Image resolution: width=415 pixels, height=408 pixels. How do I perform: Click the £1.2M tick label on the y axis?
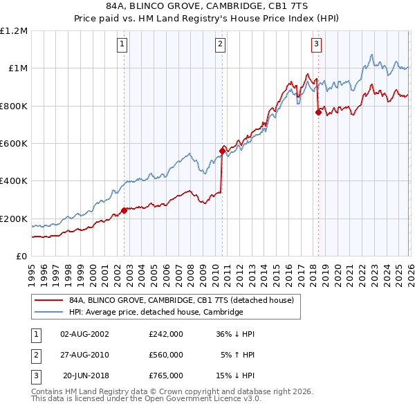click(x=14, y=31)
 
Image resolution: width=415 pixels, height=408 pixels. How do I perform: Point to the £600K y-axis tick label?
click(x=14, y=144)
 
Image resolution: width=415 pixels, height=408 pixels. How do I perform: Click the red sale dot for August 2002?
click(x=124, y=210)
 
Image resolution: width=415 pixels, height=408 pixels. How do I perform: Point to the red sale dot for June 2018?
click(x=318, y=112)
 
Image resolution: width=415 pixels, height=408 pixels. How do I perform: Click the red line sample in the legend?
click(x=48, y=300)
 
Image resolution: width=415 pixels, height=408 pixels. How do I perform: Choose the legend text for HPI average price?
click(x=156, y=312)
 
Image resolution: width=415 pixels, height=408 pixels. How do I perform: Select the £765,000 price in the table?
click(x=166, y=375)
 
